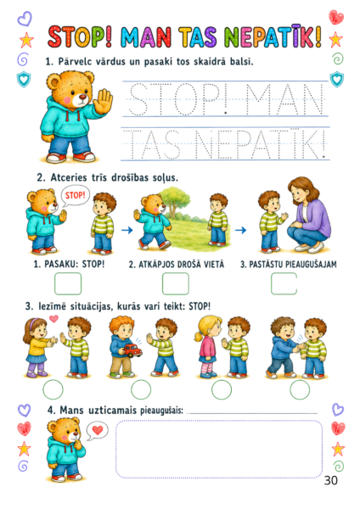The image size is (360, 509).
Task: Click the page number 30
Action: click(331, 480)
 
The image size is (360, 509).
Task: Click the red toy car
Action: click(132, 350)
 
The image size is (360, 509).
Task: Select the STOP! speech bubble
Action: click(75, 196)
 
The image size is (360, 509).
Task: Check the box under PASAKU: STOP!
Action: click(68, 283)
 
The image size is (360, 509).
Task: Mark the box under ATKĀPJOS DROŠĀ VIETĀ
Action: click(176, 283)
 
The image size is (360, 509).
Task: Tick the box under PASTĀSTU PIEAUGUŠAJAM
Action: click(284, 283)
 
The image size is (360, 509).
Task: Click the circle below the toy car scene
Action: click(141, 389)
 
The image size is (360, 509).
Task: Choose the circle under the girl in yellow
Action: click(53, 389)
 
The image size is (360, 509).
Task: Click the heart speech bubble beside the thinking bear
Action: click(97, 431)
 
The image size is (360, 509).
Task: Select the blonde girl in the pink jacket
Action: click(207, 347)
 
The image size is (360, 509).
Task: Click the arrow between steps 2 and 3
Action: click(241, 230)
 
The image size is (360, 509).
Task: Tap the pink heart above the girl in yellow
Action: click(53, 319)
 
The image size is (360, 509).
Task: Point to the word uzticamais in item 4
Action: click(112, 410)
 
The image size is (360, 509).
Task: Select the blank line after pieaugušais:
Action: click(253, 413)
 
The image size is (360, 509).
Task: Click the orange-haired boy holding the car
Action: click(122, 347)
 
